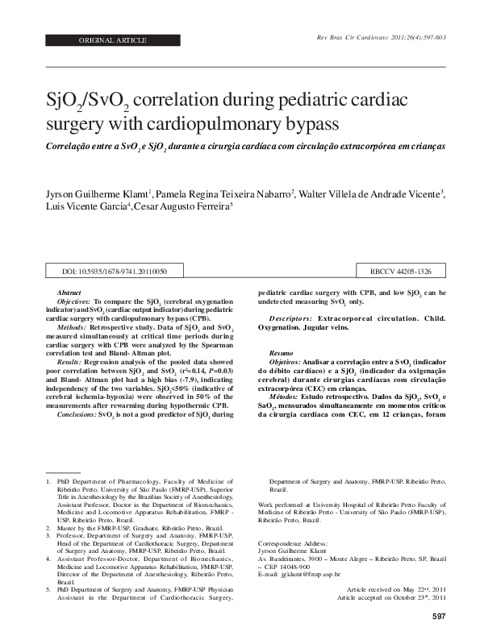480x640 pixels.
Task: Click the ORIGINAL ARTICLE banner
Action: pyautogui.click(x=114, y=39)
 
